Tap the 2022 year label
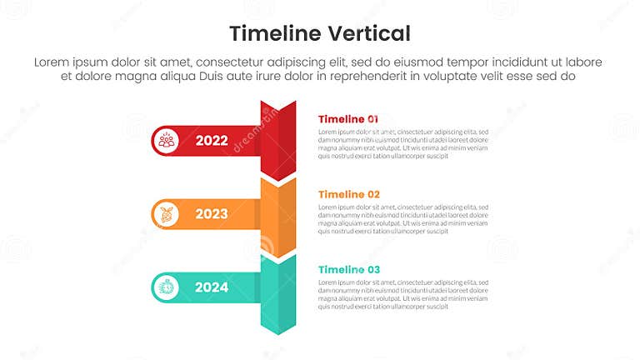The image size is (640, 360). [x=212, y=141]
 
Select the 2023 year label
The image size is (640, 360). [x=212, y=214]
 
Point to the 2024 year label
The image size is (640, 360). [x=212, y=287]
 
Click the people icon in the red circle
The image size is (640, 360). [x=167, y=141]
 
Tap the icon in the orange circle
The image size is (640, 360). [x=167, y=214]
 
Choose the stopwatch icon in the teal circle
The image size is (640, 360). [x=167, y=287]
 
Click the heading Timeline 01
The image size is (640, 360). [x=348, y=119]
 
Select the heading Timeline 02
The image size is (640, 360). [x=349, y=194]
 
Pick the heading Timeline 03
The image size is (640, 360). [x=349, y=269]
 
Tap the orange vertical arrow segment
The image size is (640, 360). [x=278, y=215]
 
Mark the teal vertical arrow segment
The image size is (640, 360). [x=278, y=292]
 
